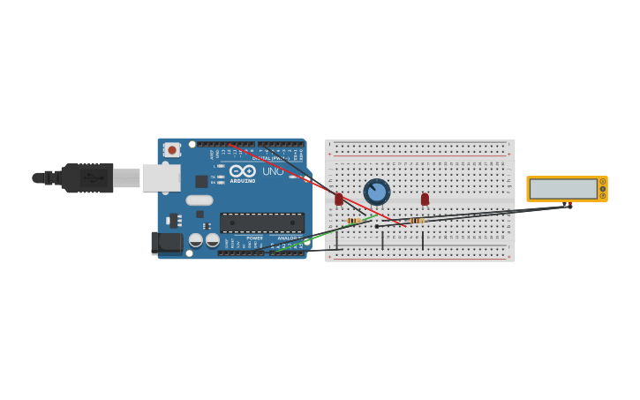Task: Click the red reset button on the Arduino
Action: point(172,150)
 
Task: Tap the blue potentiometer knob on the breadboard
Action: point(377,192)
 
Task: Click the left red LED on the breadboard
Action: point(339,200)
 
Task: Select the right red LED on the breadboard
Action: point(425,200)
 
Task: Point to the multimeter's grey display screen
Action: point(563,189)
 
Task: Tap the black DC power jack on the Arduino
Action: point(165,242)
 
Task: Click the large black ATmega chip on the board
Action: point(262,223)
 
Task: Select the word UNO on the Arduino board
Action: point(274,171)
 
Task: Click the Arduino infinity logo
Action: point(243,170)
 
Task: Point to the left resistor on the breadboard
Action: point(355,221)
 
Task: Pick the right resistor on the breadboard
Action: point(417,220)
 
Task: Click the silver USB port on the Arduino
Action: point(162,177)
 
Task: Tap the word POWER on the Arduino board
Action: point(254,238)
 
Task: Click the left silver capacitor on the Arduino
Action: point(196,239)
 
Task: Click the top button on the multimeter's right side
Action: point(603,182)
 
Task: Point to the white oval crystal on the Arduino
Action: point(199,200)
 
